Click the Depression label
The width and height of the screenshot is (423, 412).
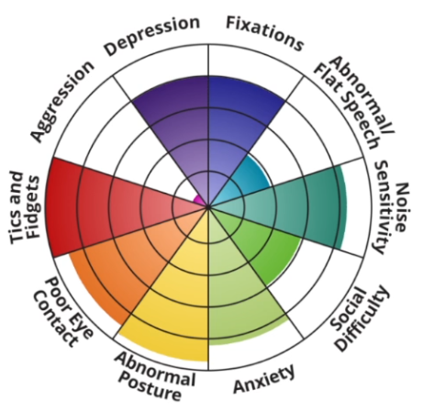(152, 36)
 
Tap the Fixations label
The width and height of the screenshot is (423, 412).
(265, 33)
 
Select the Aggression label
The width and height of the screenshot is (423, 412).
(62, 101)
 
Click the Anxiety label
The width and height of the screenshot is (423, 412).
(264, 378)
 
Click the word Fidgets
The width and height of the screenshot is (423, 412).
(33, 206)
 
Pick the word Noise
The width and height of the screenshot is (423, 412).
(402, 207)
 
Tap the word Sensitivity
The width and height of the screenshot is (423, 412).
(383, 207)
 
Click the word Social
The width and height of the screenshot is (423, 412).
(349, 309)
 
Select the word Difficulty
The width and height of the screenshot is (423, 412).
(362, 318)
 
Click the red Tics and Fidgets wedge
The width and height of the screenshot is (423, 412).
(92, 207)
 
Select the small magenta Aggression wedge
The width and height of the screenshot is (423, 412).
(200, 200)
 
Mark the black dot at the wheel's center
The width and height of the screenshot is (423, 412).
(208, 207)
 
